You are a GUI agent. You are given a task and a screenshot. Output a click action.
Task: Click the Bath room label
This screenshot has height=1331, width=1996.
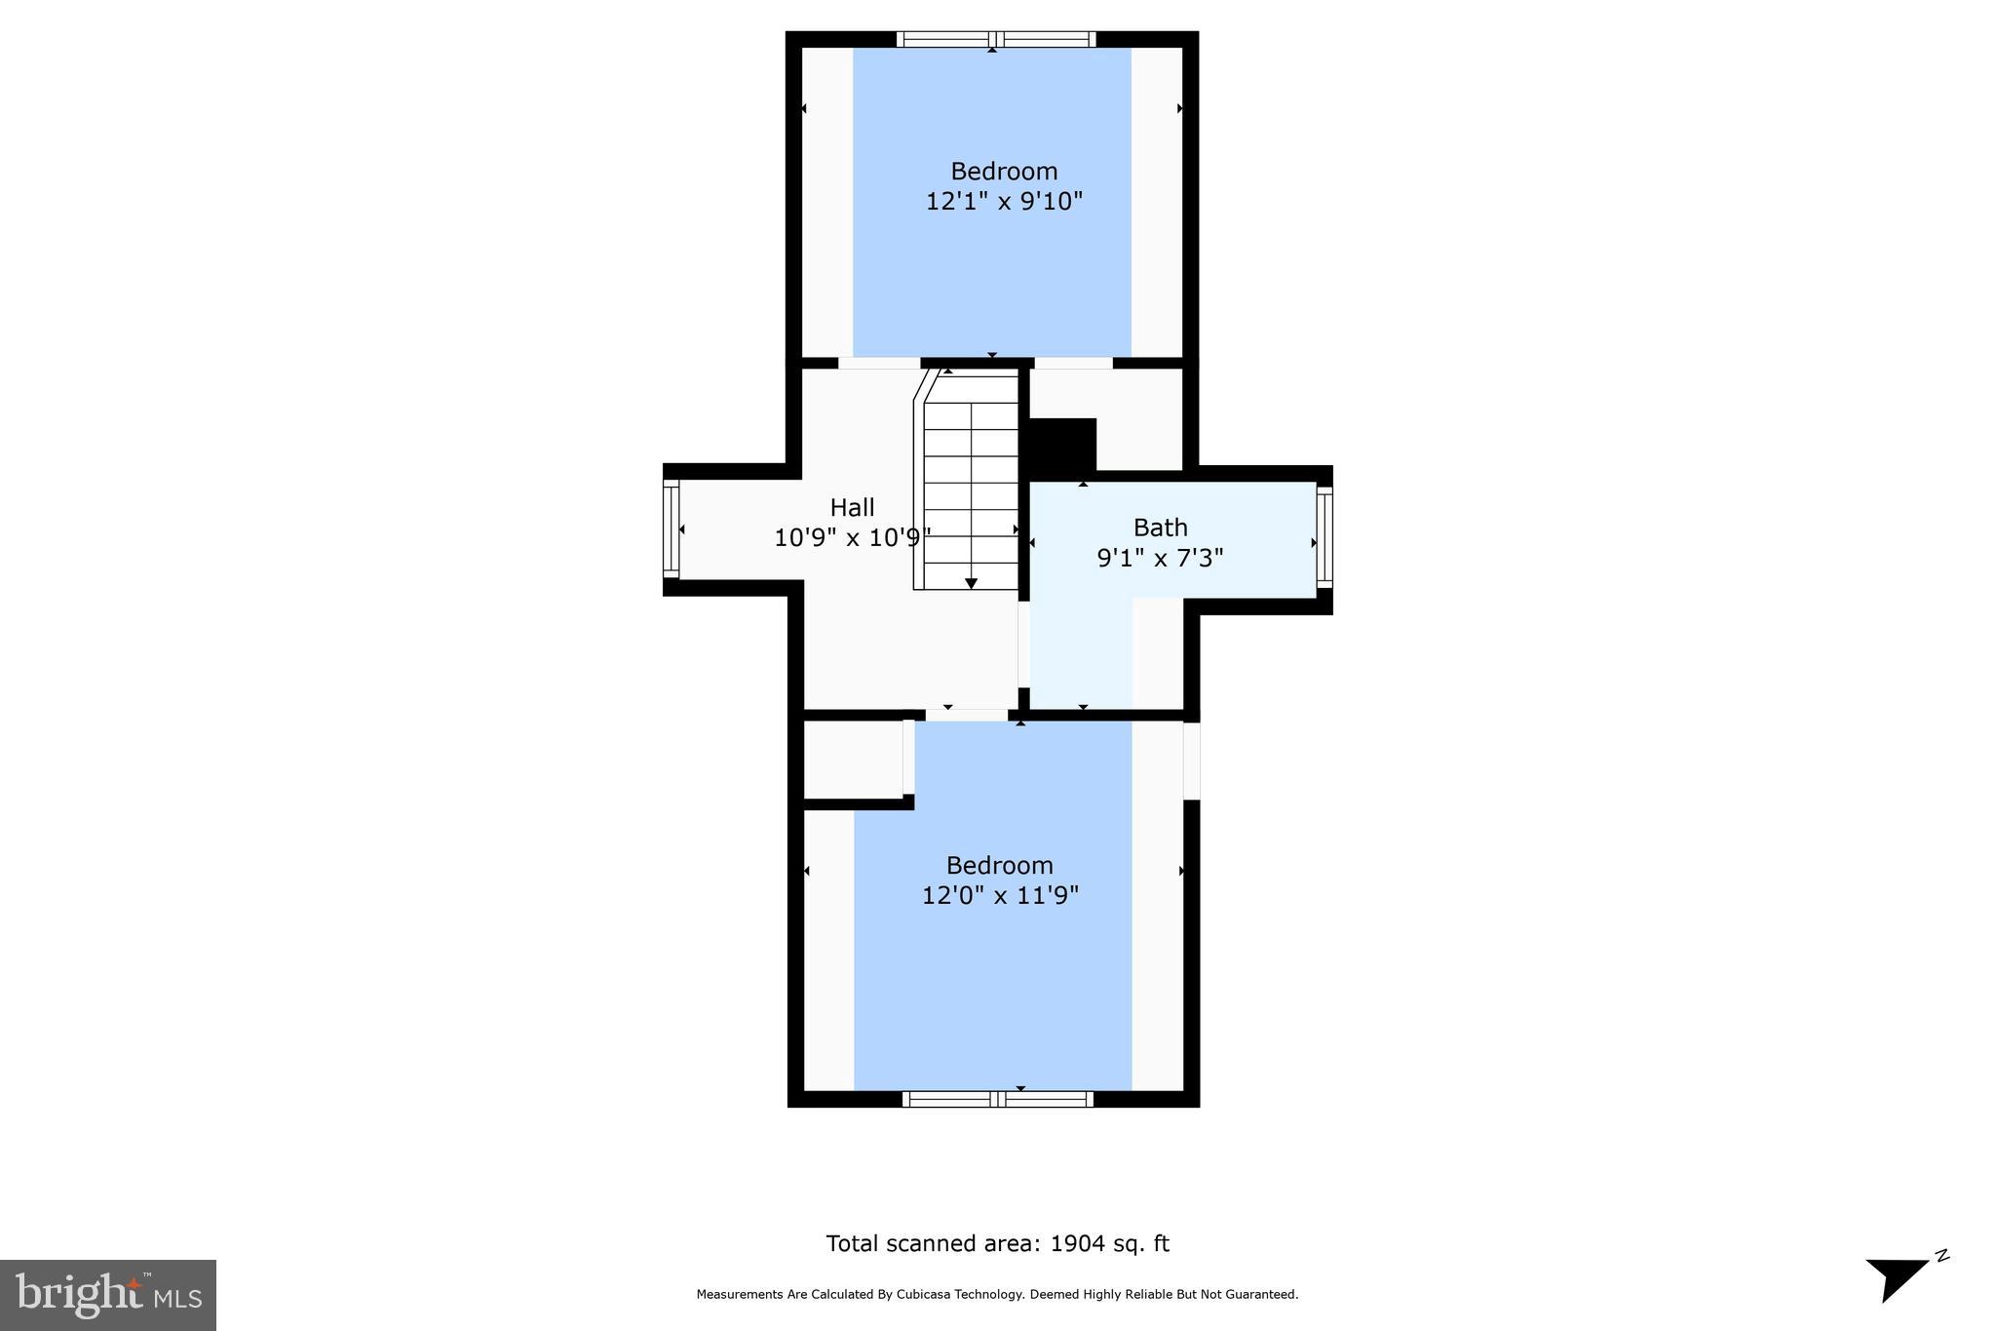coord(1160,528)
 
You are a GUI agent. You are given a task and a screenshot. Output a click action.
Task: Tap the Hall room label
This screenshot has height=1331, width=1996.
coord(852,507)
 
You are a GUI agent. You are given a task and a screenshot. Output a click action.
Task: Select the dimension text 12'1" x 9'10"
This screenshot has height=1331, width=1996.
coord(1004,202)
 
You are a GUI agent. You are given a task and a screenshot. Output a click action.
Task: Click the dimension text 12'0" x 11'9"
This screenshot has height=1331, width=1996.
coord(1000,895)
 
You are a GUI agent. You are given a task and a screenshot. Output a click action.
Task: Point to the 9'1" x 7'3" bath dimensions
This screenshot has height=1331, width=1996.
coord(1160,558)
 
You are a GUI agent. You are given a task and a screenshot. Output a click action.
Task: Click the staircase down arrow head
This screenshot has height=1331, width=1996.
coord(971,583)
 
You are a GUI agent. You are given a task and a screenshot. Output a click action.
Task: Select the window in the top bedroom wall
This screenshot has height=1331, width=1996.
coord(995,40)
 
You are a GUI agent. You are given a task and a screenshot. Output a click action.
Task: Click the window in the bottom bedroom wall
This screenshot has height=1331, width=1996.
coord(997,1099)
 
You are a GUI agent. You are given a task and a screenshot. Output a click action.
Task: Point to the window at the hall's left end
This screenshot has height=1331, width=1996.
coord(671,529)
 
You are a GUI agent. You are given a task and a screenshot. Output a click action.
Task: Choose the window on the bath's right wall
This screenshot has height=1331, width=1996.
coord(1324,537)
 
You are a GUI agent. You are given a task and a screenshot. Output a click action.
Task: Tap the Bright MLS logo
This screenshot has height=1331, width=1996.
coord(108,1295)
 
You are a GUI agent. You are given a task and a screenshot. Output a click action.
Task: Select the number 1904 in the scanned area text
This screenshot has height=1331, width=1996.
coord(1077,1243)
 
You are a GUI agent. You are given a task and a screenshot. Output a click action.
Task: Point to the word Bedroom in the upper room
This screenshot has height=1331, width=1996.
coord(1004,172)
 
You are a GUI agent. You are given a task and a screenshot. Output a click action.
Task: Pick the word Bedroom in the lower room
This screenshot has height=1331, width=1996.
coord(1000,865)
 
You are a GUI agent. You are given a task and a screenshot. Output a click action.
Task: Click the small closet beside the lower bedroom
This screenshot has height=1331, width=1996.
coord(853,759)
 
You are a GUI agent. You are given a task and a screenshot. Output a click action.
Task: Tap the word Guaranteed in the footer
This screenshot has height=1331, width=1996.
coord(1264,1295)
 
